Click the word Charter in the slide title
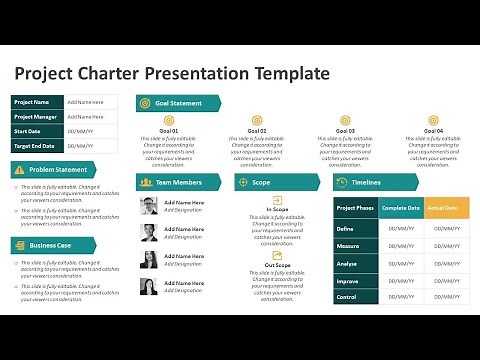click(112, 73)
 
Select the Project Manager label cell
click(37, 116)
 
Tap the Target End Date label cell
click(37, 145)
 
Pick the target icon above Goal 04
click(432, 120)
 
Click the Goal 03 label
click(345, 131)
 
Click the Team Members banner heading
click(180, 182)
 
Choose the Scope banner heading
click(262, 182)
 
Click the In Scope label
click(277, 209)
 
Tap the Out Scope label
click(277, 265)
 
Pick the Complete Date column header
click(400, 207)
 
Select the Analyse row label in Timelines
click(346, 262)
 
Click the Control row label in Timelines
click(346, 297)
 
